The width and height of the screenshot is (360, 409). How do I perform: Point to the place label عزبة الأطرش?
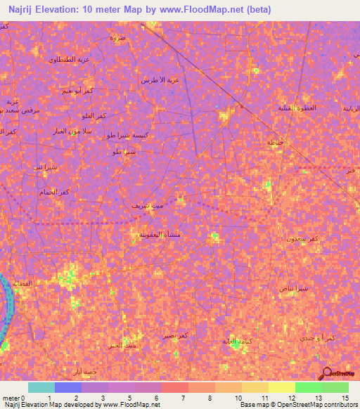(160, 79)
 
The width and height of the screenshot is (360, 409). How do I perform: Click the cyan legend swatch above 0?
(41, 387)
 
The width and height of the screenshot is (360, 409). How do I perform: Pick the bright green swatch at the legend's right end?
(335, 387)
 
